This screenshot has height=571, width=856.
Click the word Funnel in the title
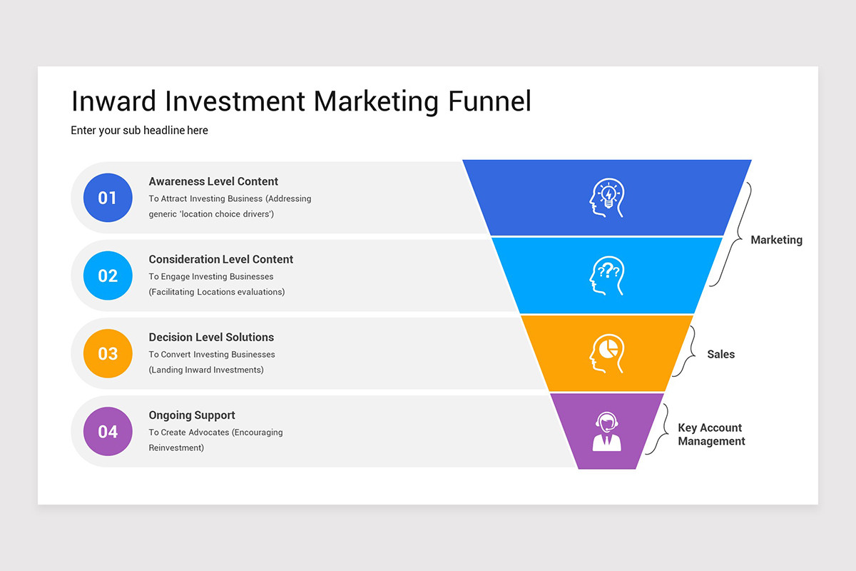(x=489, y=101)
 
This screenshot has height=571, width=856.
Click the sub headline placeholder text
(x=139, y=131)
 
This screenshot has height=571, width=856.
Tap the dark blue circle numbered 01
(x=108, y=198)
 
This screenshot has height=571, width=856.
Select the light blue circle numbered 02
(x=108, y=276)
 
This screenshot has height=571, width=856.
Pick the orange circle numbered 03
(x=108, y=353)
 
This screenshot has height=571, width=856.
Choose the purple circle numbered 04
(x=108, y=431)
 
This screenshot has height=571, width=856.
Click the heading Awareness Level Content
(x=213, y=181)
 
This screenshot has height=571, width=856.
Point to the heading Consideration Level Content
(x=220, y=259)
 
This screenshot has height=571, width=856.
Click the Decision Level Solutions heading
(x=211, y=337)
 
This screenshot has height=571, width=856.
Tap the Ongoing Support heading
(x=191, y=415)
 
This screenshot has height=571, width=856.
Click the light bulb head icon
(x=607, y=198)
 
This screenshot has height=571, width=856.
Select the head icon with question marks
(x=607, y=276)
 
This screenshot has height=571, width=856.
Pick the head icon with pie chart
(x=607, y=353)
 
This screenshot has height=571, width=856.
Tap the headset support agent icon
(x=607, y=432)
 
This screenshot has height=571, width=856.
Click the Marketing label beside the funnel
(x=776, y=240)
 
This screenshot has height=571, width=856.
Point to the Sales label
(x=720, y=354)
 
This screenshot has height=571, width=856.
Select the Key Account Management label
(x=711, y=435)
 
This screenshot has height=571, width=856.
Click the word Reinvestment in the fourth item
(x=175, y=448)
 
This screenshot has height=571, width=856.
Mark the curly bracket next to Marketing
(x=729, y=235)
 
